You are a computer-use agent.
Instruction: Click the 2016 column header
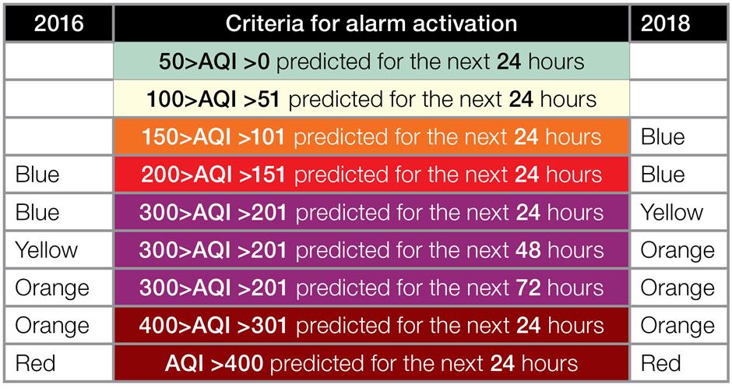59,23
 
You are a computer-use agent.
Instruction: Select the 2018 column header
665,23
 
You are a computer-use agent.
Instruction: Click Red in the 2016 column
35,363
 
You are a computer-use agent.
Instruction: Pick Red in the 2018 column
661,363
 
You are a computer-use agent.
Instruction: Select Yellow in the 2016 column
46,250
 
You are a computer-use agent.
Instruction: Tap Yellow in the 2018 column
672,212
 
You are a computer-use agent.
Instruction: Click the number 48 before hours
528,250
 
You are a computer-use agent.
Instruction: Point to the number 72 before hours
528,288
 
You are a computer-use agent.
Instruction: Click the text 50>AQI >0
214,62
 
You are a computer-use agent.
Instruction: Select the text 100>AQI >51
213,100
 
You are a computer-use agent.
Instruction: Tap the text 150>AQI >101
213,137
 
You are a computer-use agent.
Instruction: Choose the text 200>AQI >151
213,175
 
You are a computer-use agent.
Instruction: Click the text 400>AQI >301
213,326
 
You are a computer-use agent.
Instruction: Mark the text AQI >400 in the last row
214,363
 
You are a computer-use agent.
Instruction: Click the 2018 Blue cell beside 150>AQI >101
663,137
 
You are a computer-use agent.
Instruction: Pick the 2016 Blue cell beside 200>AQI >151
37,175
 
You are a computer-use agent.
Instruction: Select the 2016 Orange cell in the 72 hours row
52,288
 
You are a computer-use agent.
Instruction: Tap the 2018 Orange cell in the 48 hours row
677,250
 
